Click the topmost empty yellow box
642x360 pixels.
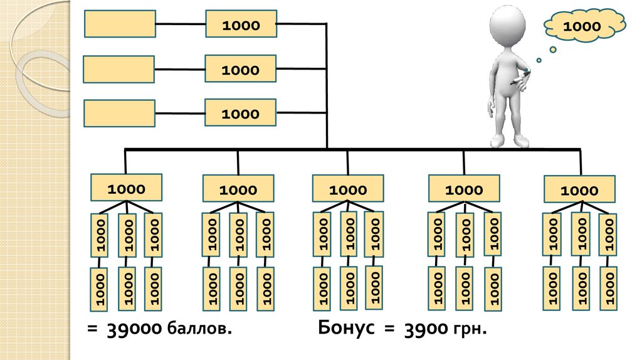click(120, 24)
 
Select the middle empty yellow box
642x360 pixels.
click(118, 69)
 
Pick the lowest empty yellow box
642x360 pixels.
click(118, 113)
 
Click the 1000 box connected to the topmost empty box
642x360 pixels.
click(240, 25)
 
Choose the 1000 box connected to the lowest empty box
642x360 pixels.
click(240, 114)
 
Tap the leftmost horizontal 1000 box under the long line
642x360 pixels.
click(127, 188)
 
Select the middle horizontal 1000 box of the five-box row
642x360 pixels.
click(348, 189)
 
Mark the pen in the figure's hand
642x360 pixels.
click(520, 79)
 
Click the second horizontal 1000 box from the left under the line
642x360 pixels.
click(238, 189)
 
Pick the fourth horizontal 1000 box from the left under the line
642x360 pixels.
click(464, 189)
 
